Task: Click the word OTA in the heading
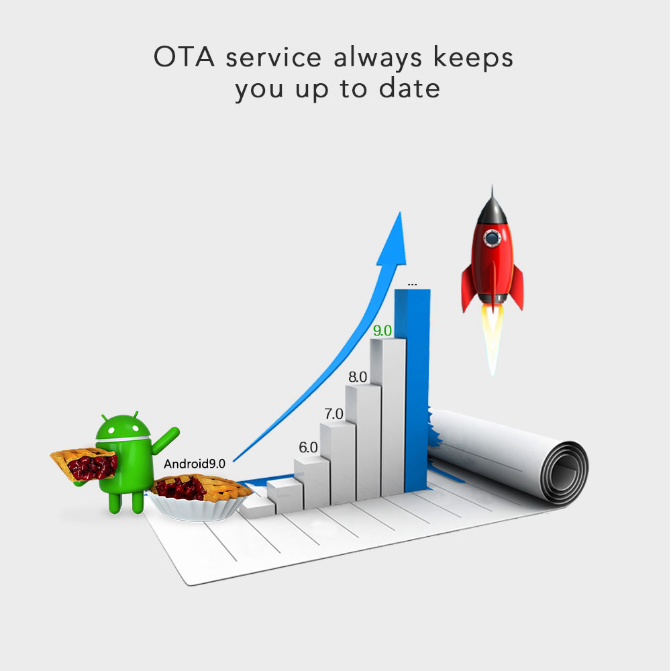tap(184, 57)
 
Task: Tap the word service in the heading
tap(274, 58)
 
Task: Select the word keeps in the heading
tap(473, 58)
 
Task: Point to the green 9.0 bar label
tap(382, 330)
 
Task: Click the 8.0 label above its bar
tap(358, 377)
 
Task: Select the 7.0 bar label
tap(333, 414)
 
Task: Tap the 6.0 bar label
tap(308, 448)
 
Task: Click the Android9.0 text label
tap(195, 464)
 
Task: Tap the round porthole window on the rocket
tap(492, 238)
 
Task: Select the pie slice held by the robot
tap(85, 465)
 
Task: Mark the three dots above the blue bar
tap(412, 285)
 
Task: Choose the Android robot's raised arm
tap(164, 441)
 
